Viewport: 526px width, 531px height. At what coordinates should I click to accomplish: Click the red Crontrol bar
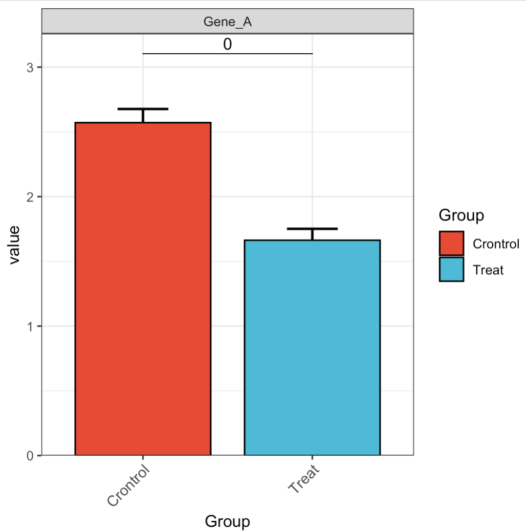point(143,289)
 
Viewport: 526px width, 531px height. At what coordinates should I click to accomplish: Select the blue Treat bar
point(312,348)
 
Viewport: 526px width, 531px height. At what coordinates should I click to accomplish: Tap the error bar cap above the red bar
point(143,109)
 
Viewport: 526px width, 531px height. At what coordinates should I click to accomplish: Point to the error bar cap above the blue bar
point(312,229)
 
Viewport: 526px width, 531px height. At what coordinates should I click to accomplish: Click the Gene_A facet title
point(227,22)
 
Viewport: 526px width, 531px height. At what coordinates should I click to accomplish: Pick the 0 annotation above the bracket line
point(227,45)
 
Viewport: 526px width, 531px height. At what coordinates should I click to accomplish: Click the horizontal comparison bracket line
point(227,53)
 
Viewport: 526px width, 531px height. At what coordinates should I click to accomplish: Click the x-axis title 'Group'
point(227,521)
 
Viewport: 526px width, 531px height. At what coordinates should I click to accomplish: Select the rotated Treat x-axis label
point(304,479)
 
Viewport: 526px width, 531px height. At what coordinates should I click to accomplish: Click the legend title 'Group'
point(461,216)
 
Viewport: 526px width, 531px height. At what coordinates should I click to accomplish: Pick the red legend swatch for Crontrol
point(451,243)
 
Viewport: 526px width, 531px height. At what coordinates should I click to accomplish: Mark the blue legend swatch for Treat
point(451,270)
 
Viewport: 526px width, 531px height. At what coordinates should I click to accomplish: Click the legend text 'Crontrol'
point(496,244)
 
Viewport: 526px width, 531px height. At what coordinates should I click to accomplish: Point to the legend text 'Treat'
point(488,270)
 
